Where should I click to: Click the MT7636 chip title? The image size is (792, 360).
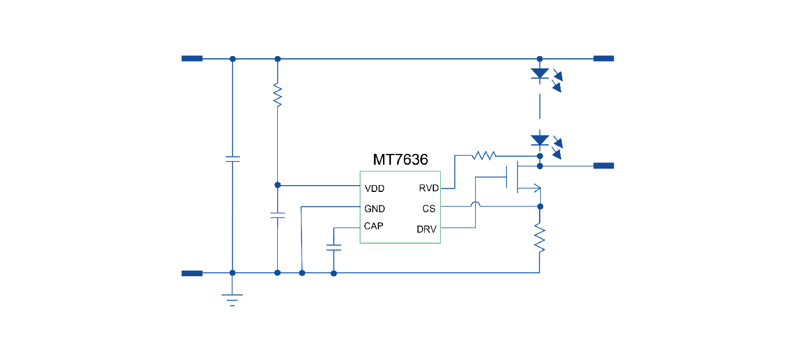(400, 160)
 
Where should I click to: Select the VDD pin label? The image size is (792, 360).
(374, 188)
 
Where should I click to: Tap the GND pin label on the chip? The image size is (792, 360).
(375, 209)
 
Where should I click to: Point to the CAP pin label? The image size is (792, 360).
(373, 226)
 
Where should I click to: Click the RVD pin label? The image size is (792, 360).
(428, 188)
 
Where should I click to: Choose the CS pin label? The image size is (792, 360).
(429, 209)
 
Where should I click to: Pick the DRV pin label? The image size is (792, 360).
(427, 229)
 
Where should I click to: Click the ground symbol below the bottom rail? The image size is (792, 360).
(232, 299)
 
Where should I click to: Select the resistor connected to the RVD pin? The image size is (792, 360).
(484, 154)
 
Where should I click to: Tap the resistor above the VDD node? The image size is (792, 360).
(277, 95)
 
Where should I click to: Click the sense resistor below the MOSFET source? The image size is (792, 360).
(540, 239)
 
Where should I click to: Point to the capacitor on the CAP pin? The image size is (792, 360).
(334, 247)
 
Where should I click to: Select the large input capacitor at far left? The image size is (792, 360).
(232, 158)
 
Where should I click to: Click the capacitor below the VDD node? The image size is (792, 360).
(277, 216)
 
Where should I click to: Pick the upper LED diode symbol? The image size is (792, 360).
(540, 74)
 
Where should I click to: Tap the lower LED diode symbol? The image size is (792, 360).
(540, 140)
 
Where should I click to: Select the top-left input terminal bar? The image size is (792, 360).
(192, 58)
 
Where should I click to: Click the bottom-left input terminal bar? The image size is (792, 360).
(192, 273)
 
